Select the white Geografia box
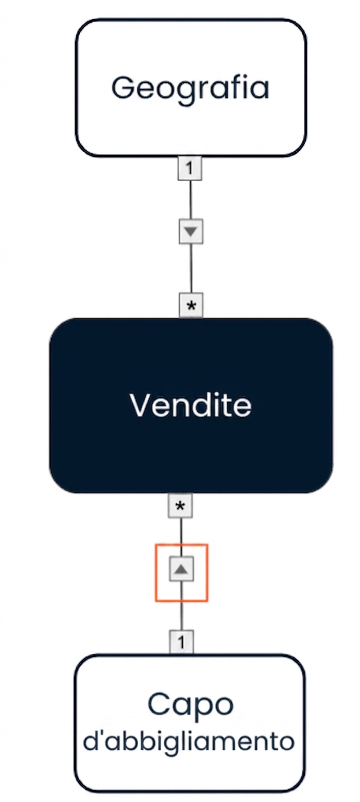[191, 88]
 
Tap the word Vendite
[191, 405]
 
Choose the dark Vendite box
[191, 406]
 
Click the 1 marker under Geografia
[190, 168]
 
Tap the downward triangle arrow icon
[191, 232]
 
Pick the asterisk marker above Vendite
[191, 305]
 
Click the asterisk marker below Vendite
[181, 506]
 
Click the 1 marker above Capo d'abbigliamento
[182, 642]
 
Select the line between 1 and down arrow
[190, 200]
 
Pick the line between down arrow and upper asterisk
[191, 269]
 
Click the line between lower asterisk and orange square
[181, 531]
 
